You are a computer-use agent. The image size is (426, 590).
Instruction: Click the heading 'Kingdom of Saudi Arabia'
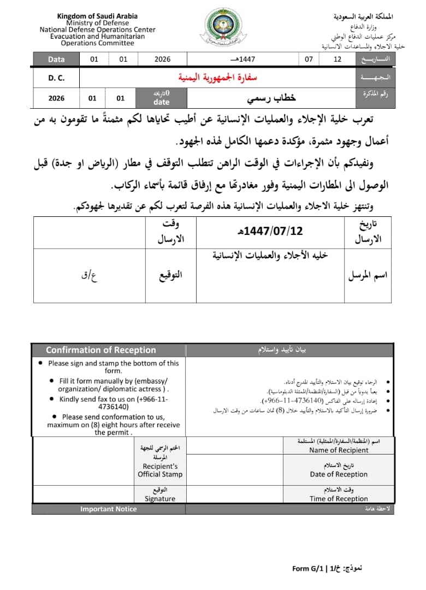click(x=97, y=16)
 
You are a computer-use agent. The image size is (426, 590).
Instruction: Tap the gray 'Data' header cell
click(x=56, y=59)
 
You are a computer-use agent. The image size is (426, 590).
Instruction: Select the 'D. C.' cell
click(x=56, y=78)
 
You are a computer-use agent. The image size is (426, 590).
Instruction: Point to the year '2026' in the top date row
click(x=162, y=59)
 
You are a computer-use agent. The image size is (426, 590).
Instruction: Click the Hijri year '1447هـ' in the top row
click(x=244, y=59)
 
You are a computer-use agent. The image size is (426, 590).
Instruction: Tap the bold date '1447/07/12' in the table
click(x=273, y=231)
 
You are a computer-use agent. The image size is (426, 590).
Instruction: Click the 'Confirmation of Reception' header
click(x=100, y=350)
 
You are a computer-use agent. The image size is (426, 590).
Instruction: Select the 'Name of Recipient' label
click(x=339, y=450)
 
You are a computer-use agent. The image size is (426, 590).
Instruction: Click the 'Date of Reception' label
click(x=339, y=474)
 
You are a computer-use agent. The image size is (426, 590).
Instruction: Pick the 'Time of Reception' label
click(x=339, y=498)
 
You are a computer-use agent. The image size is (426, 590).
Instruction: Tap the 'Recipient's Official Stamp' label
click(x=160, y=470)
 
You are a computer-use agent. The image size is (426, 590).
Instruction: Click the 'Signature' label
click(x=160, y=498)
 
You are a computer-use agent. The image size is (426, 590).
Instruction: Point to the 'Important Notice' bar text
click(x=108, y=509)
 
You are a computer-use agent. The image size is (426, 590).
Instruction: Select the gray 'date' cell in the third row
click(x=162, y=102)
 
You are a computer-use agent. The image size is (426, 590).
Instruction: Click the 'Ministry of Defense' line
click(x=97, y=23)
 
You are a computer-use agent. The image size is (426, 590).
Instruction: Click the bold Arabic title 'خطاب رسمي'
click(x=271, y=98)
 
